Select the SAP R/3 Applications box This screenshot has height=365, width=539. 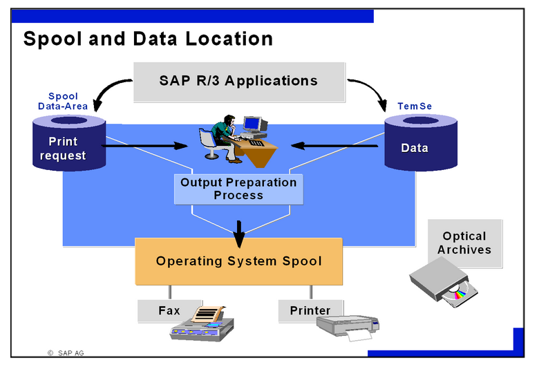(x=238, y=81)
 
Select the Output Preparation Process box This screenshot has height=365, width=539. (x=238, y=189)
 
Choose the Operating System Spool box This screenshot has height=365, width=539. (x=238, y=261)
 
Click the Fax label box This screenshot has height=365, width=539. (x=169, y=310)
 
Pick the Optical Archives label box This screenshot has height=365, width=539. (x=464, y=243)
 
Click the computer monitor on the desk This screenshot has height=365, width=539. (x=254, y=124)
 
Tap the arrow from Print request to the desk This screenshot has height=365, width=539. (x=145, y=146)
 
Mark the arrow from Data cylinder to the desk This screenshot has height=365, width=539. (x=335, y=146)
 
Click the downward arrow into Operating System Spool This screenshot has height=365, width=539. (x=239, y=232)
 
